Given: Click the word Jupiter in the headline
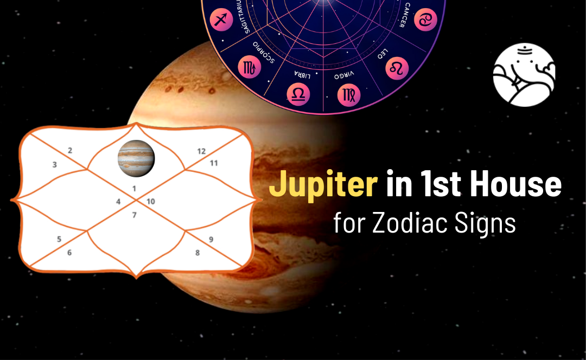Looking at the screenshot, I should [323, 185].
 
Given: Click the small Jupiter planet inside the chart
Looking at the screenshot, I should [136, 158].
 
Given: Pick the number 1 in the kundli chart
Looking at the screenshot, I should [135, 188].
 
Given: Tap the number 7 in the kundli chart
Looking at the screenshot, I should [135, 215].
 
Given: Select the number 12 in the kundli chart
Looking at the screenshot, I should [201, 151].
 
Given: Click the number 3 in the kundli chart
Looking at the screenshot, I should [55, 164].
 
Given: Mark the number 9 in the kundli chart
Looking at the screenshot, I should [211, 239].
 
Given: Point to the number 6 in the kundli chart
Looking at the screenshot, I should [69, 252].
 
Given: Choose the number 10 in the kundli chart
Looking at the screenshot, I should [151, 202].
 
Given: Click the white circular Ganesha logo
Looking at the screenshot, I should [524, 75].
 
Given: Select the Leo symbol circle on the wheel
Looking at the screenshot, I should [396, 68].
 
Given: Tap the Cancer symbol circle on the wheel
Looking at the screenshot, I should [425, 20].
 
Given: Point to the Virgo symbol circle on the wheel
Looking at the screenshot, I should [348, 95].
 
